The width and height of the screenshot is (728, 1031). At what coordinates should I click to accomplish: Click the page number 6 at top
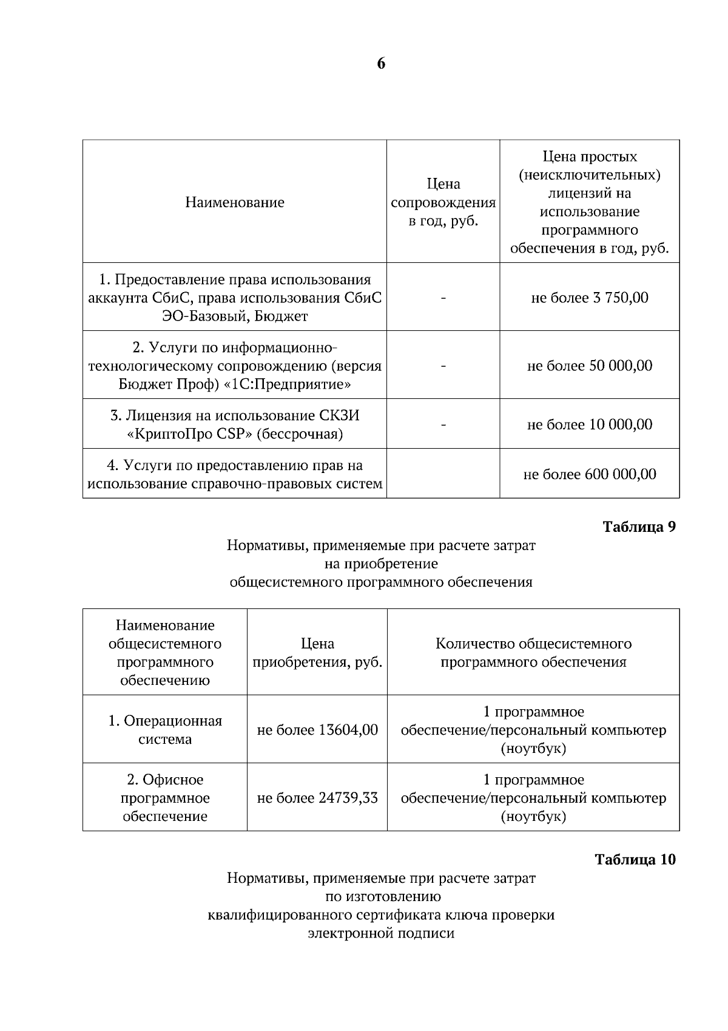pyautogui.click(x=381, y=64)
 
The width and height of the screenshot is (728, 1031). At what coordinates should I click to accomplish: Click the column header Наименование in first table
pyautogui.click(x=235, y=202)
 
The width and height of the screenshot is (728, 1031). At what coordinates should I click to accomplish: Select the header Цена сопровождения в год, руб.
pyautogui.click(x=443, y=202)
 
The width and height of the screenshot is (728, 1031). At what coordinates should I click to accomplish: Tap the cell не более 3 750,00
pyautogui.click(x=590, y=298)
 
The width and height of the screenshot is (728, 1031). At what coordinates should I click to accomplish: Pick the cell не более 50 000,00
pyautogui.click(x=590, y=366)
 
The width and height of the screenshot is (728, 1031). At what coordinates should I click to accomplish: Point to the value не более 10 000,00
pyautogui.click(x=590, y=424)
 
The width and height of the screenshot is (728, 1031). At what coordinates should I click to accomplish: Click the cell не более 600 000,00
pyautogui.click(x=590, y=474)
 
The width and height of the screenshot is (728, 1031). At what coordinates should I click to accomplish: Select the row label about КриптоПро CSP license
pyautogui.click(x=235, y=424)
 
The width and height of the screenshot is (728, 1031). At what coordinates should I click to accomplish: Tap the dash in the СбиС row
pyautogui.click(x=443, y=298)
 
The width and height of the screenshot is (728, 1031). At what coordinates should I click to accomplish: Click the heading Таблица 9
pyautogui.click(x=639, y=526)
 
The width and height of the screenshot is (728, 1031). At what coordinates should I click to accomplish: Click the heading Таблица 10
pyautogui.click(x=635, y=859)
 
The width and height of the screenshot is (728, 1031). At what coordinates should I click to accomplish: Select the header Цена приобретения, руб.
pyautogui.click(x=317, y=653)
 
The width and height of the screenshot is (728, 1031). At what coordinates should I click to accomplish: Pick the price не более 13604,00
pyautogui.click(x=317, y=730)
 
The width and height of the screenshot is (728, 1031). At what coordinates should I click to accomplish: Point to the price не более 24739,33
pyautogui.click(x=317, y=798)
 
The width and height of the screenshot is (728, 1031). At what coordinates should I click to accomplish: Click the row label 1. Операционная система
pyautogui.click(x=165, y=730)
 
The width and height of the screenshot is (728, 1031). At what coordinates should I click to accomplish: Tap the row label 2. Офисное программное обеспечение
pyautogui.click(x=165, y=798)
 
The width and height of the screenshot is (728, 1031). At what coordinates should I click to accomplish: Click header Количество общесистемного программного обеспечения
pyautogui.click(x=533, y=653)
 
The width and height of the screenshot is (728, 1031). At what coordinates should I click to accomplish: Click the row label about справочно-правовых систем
pyautogui.click(x=235, y=474)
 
